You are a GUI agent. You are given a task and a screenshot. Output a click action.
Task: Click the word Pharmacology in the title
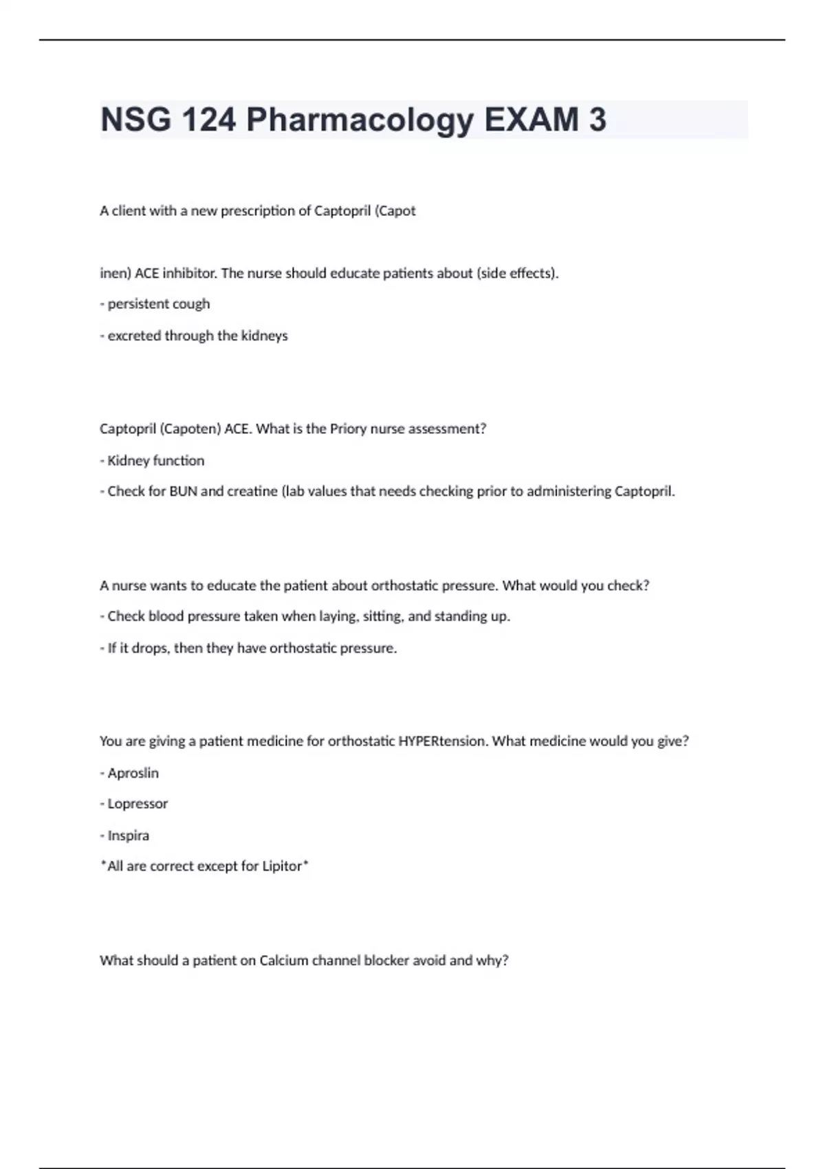coord(360,120)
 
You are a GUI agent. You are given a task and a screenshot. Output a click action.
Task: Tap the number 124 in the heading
coord(209,120)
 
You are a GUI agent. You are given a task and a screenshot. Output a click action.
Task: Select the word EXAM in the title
coord(531,120)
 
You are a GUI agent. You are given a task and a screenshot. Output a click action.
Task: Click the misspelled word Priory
coord(348,428)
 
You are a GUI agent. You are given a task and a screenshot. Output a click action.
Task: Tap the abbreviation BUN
coord(183,491)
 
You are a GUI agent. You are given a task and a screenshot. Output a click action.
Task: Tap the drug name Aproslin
coord(133,773)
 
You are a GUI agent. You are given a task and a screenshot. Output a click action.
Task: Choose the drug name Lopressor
coord(137,804)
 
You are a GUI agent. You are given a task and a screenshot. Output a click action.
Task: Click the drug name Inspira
coord(128,835)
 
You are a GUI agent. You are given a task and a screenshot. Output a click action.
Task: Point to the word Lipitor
coord(282,866)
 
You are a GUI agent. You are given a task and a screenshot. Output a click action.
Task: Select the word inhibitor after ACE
coord(190,273)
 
